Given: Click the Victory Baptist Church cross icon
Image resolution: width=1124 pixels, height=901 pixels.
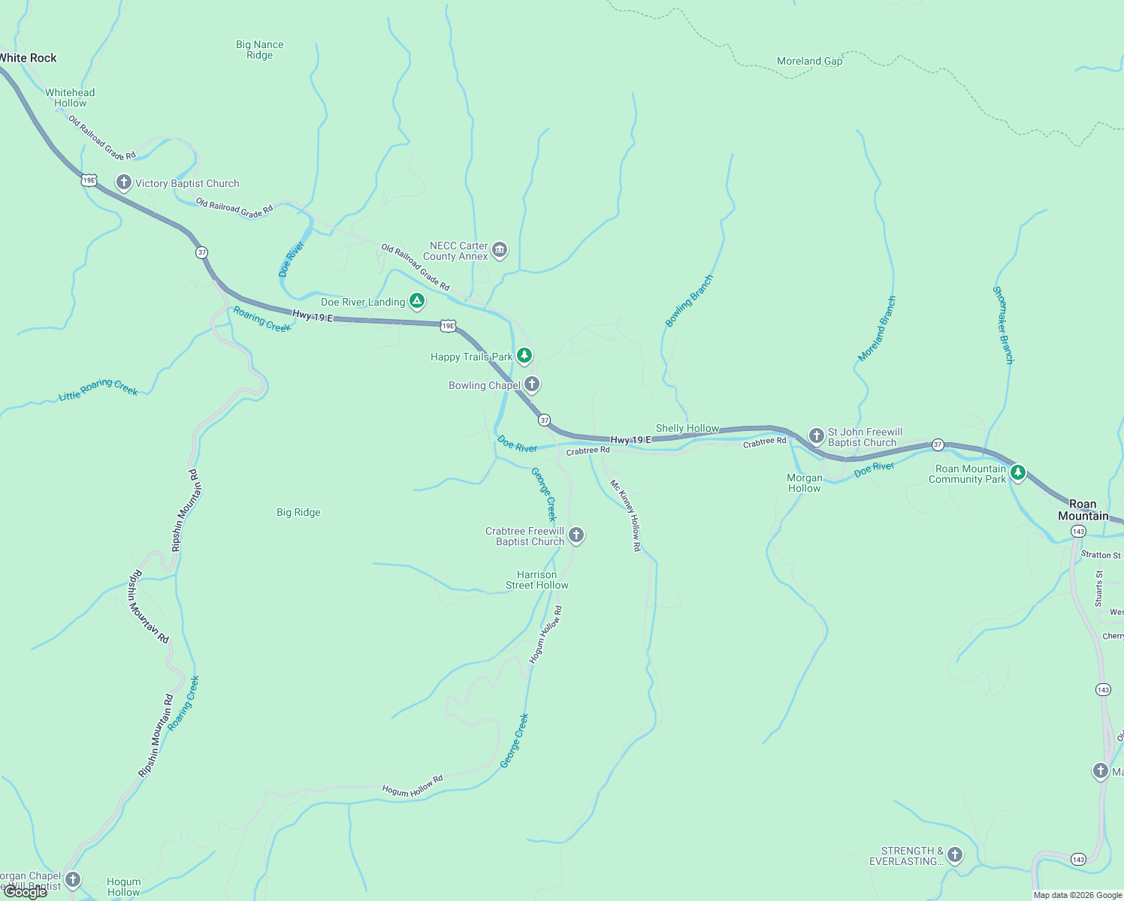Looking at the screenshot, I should [124, 182].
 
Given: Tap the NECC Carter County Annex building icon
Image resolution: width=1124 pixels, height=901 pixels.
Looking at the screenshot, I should [500, 249].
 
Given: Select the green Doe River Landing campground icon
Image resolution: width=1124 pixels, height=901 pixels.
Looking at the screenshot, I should [417, 301].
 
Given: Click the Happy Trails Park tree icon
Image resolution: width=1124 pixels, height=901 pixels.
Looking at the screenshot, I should [524, 355].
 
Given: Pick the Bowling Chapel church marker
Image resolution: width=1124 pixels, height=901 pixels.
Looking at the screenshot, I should [532, 385].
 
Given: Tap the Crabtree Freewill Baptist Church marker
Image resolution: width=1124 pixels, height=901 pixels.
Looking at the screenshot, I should [576, 535].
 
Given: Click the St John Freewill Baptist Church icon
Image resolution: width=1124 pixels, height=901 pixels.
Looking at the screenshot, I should [817, 435].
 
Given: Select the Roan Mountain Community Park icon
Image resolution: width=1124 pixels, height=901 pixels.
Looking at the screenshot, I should [1018, 472].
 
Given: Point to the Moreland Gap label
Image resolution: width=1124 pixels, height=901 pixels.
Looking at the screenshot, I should [809, 61].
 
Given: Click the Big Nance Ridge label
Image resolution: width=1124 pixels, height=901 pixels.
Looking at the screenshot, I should [259, 50].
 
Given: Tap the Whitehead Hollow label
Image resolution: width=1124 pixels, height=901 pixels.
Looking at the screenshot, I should [70, 98].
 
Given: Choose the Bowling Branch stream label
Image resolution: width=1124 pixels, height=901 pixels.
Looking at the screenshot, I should [689, 301].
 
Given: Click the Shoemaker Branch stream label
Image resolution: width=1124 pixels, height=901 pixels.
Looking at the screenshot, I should [1003, 325].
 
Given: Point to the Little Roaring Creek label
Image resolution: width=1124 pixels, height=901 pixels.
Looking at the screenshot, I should [98, 389].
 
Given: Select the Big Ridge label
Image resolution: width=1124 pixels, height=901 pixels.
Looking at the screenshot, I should [298, 512].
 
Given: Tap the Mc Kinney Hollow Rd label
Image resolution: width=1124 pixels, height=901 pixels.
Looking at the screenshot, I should [625, 516].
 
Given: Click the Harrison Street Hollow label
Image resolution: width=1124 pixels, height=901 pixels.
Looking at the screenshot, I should [536, 580].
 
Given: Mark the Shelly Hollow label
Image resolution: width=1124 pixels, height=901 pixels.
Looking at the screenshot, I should [687, 428].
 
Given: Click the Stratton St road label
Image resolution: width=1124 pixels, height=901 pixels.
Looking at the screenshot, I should [1100, 555].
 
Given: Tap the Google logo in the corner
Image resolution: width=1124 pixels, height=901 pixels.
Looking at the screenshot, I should [26, 892].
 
